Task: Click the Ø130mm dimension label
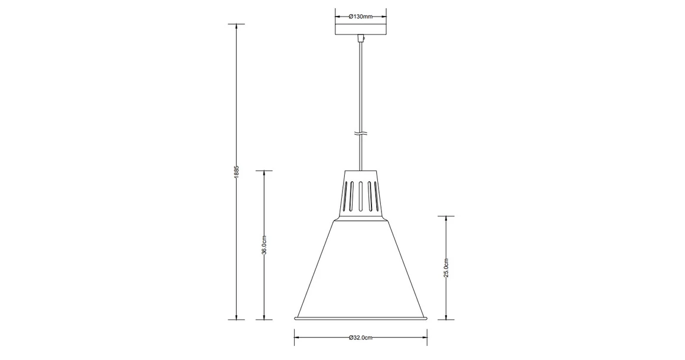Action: tap(360, 17)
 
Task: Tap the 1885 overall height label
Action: tap(236, 172)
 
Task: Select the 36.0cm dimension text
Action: tap(264, 245)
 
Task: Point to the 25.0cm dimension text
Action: tap(446, 267)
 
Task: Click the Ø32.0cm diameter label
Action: tap(360, 338)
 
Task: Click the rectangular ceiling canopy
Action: tap(360, 29)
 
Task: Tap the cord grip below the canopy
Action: tap(361, 40)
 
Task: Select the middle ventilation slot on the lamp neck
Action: tap(360, 196)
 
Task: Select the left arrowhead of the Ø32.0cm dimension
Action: tap(297, 338)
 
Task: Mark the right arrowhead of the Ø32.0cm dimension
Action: tap(424, 338)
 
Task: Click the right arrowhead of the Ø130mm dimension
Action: tap(383, 17)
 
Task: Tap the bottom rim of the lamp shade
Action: tap(360, 319)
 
